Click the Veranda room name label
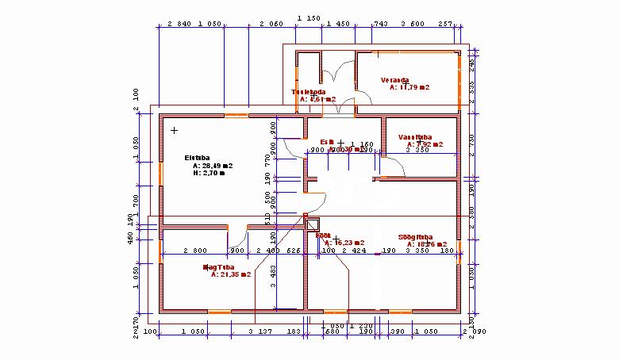point(394,80)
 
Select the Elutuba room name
point(196,157)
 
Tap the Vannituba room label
point(415,136)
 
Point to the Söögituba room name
point(415,236)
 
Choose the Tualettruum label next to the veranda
point(309,92)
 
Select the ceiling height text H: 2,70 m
point(209,173)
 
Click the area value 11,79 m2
point(409,88)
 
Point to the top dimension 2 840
point(180,25)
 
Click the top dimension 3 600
point(413,25)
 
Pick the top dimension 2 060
point(271,25)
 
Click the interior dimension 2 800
point(195,251)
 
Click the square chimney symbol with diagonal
point(311,224)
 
